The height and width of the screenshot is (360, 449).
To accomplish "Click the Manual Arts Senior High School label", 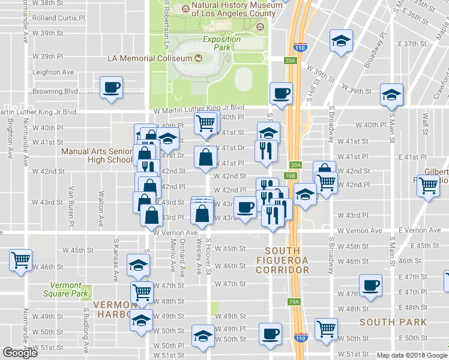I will tap(96, 155).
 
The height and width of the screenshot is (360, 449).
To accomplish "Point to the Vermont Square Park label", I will tap(62, 289).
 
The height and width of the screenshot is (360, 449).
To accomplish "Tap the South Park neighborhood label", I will tap(393, 322).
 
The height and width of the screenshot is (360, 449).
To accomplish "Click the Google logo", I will tap(20, 353).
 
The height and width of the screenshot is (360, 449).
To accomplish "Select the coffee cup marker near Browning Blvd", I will tap(112, 88).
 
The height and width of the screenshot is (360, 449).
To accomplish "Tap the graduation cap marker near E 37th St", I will tap(341, 42).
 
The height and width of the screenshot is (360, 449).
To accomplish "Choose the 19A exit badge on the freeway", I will tap(294, 302).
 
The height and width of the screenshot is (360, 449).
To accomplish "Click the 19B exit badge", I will tap(291, 176).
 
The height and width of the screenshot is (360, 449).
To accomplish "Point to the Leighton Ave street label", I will tap(53, 73).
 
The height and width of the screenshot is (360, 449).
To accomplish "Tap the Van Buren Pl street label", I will tap(71, 202).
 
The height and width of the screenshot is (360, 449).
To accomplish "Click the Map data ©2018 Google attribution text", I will tap(412, 355).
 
